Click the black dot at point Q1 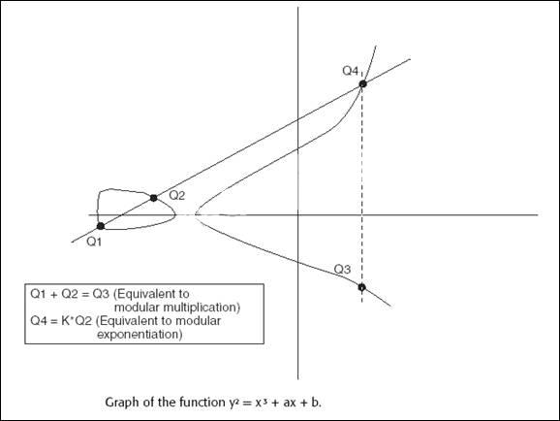tap(101, 226)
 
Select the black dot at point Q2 tap(154, 198)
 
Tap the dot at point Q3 tap(361, 287)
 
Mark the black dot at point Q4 tap(363, 84)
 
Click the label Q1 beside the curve tap(94, 243)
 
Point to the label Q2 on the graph tap(176, 195)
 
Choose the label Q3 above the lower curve tap(343, 269)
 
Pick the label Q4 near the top tap(351, 71)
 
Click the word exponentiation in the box tap(140, 335)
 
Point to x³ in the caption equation tap(261, 402)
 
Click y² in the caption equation tap(233, 403)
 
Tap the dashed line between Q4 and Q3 tap(362, 193)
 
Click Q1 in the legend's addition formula tap(38, 294)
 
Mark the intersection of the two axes tap(297, 215)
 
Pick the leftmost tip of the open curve tap(195, 214)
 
